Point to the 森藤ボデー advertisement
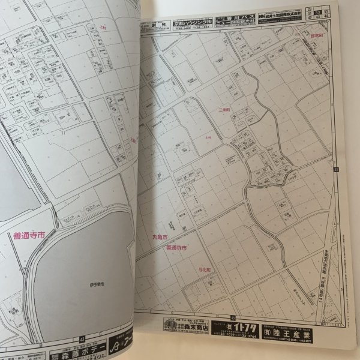coord(71,346)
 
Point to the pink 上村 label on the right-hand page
coord(208,137)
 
